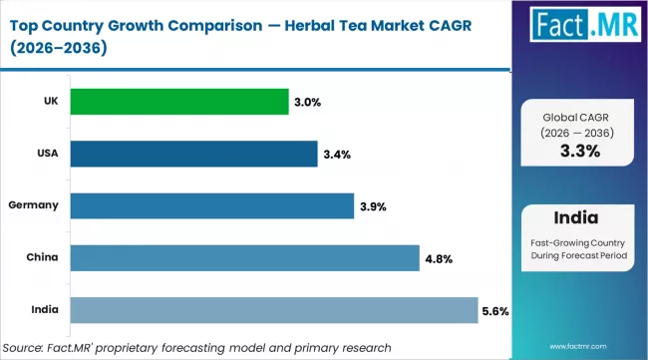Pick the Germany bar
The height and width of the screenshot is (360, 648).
211,205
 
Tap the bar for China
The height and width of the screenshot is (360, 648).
243,258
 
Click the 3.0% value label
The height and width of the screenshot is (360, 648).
308,102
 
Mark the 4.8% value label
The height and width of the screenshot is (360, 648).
439,258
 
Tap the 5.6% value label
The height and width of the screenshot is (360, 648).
495,311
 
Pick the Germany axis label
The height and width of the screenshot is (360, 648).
34,204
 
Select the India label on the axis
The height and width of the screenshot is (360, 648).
43,309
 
